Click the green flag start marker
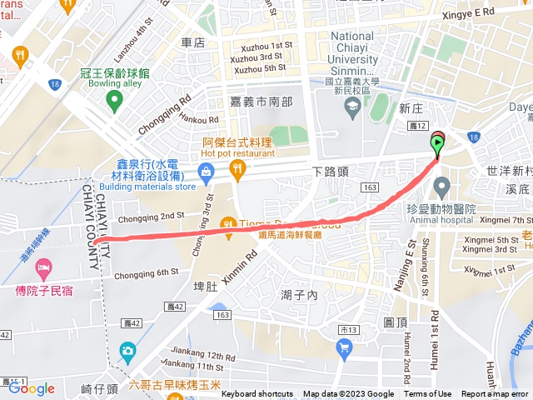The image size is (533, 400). (x=437, y=142)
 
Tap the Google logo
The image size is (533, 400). (x=32, y=387)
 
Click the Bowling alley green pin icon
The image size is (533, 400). (x=114, y=101)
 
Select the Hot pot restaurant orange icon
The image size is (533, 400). (x=238, y=171)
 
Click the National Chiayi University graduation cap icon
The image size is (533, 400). (x=353, y=104)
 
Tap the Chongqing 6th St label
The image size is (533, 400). (x=147, y=272)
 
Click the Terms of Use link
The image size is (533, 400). (x=428, y=394)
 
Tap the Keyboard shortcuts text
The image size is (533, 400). (x=258, y=394)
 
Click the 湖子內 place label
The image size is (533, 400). (x=300, y=295)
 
